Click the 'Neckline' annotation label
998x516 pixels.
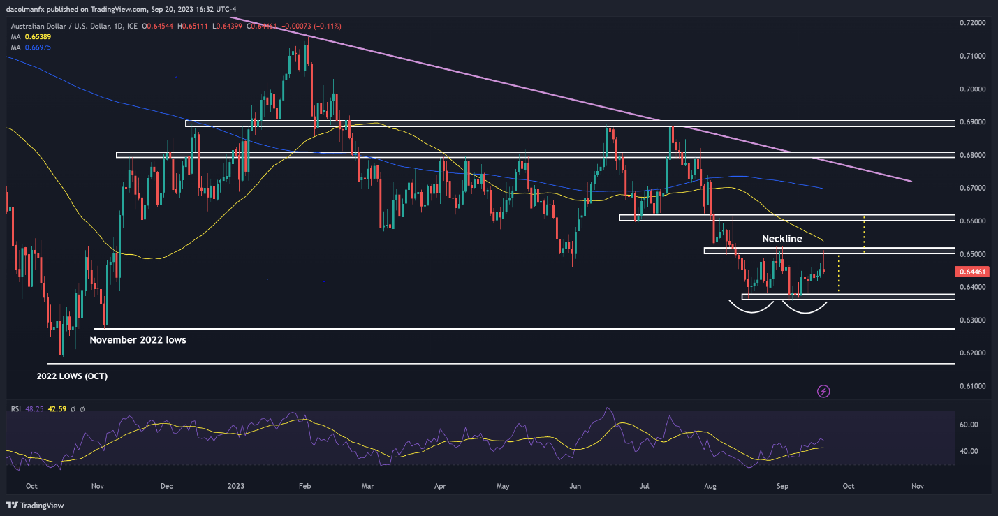coord(781,239)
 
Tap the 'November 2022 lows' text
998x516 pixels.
coord(138,340)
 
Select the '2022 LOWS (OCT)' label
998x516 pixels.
coord(72,376)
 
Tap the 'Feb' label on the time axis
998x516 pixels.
coord(304,485)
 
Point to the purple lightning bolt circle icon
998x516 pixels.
coord(823,391)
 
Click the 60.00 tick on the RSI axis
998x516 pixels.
coord(968,425)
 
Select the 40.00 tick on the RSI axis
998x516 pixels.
coord(968,451)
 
